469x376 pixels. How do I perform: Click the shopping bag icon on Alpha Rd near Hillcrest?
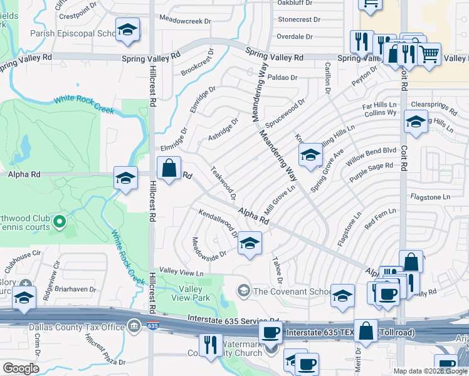click(169, 169)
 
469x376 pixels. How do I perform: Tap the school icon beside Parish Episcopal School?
click(128, 30)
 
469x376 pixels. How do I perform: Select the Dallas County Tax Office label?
click(77, 326)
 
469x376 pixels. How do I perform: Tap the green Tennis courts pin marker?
click(59, 221)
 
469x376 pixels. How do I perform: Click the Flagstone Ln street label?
click(430, 197)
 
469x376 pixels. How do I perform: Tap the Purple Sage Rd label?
click(371, 173)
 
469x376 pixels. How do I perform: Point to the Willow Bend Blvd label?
click(371, 157)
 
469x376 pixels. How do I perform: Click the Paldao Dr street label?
click(282, 78)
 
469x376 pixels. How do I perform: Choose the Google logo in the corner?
click(21, 368)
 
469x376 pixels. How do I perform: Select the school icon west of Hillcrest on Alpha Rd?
click(125, 179)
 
